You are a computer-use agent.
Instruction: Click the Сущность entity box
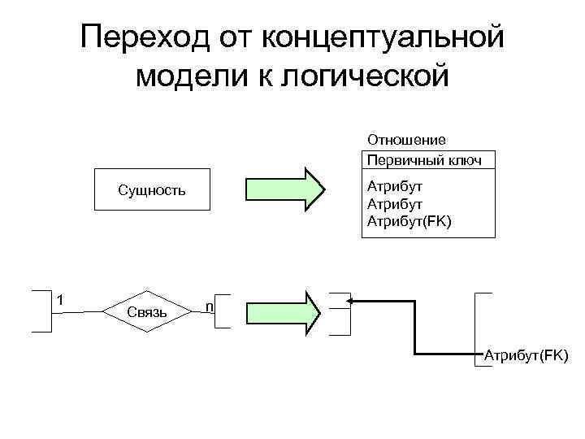(x=152, y=191)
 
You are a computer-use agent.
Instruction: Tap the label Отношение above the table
(x=406, y=140)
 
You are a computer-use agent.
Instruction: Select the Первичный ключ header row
(x=424, y=159)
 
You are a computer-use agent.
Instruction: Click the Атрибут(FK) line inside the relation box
(x=409, y=221)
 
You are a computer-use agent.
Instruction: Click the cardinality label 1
(x=59, y=300)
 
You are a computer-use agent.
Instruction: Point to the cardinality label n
(x=210, y=306)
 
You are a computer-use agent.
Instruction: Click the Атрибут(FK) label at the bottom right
(x=526, y=354)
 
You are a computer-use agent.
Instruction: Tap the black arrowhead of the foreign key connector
(x=351, y=301)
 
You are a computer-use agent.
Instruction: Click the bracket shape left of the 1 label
(x=41, y=311)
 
